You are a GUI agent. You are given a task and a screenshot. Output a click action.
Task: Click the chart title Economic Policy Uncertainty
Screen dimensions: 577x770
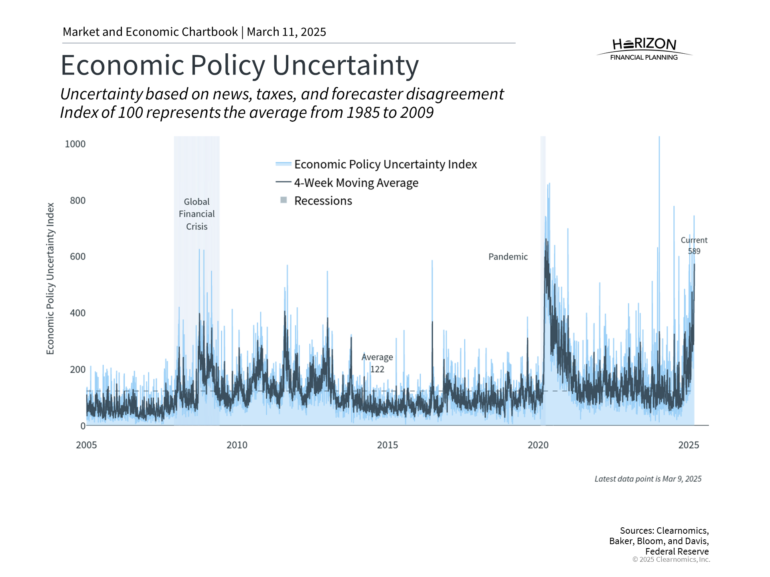point(239,65)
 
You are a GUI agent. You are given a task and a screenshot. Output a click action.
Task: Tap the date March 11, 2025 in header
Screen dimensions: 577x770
point(286,32)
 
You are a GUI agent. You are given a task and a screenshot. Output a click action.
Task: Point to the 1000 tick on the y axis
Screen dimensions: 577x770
point(75,144)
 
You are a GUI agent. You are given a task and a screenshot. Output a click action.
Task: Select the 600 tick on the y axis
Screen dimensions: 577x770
point(78,256)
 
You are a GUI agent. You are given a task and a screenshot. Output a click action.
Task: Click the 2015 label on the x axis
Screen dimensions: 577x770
point(387,445)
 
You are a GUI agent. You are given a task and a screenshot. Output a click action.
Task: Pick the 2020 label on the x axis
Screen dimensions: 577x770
point(538,445)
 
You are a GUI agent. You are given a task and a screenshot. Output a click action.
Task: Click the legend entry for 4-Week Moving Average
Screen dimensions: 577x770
point(356,183)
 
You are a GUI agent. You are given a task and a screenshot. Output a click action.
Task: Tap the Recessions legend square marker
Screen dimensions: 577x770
point(284,200)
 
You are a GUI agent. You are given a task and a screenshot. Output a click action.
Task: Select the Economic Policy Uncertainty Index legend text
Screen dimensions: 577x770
point(385,164)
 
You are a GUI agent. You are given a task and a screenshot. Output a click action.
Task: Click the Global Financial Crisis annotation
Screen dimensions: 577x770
point(197,214)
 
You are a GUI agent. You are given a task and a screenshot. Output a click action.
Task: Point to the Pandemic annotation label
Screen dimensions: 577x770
point(508,257)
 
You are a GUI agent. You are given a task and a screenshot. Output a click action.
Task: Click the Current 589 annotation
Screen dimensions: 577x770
point(694,245)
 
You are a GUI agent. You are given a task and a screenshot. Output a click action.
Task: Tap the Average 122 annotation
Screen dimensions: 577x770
point(377,363)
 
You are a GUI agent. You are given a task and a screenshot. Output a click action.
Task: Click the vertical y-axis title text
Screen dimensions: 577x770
point(50,278)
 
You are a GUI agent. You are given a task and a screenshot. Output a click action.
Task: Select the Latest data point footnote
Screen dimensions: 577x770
point(648,479)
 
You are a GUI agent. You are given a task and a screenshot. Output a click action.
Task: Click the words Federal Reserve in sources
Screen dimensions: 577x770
point(677,551)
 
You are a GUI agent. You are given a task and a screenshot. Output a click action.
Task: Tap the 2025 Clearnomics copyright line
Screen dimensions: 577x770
point(671,559)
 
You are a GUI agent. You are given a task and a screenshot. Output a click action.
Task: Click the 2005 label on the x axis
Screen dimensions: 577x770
point(86,445)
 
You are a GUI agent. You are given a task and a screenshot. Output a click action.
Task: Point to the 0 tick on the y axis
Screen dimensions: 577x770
point(83,426)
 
